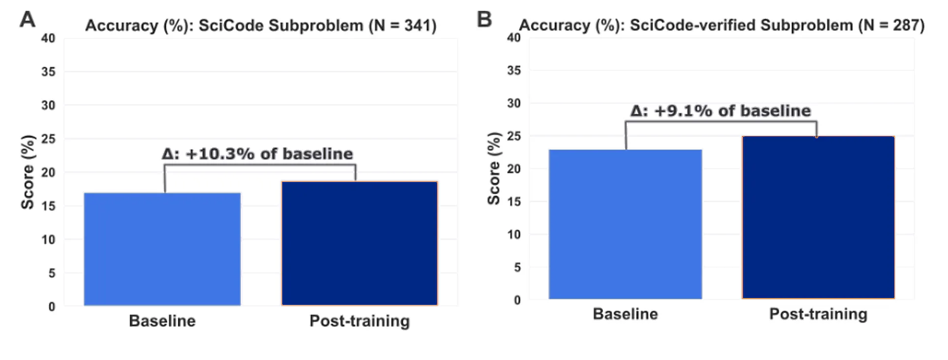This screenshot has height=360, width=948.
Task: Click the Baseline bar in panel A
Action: click(162, 249)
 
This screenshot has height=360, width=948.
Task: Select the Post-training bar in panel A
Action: click(359, 243)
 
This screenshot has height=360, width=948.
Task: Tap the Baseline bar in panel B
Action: click(625, 224)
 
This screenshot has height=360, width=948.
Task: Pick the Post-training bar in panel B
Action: click(818, 217)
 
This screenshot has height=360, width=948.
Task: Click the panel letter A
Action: click(28, 20)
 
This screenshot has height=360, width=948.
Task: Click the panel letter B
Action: click(484, 20)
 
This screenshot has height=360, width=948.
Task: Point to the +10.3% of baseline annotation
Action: click(258, 154)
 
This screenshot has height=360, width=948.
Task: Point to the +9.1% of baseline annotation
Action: click(721, 111)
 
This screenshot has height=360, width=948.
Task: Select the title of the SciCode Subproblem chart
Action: click(261, 26)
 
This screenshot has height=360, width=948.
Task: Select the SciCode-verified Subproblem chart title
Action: click(722, 25)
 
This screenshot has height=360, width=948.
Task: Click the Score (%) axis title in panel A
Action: click(28, 172)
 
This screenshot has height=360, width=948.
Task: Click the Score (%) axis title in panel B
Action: click(494, 168)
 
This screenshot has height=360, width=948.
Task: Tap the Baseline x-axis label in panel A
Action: click(162, 321)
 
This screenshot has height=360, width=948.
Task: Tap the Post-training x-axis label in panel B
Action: click(818, 314)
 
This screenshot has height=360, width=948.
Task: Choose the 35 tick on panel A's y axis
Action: click(48, 72)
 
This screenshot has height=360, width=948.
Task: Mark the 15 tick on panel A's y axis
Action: click(48, 206)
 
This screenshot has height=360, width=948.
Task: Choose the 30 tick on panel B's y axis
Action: click(514, 103)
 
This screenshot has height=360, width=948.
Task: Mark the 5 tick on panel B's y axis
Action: click(517, 268)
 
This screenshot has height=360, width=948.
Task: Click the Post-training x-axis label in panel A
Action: click(359, 321)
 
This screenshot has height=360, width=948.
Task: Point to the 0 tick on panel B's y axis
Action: click(517, 300)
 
